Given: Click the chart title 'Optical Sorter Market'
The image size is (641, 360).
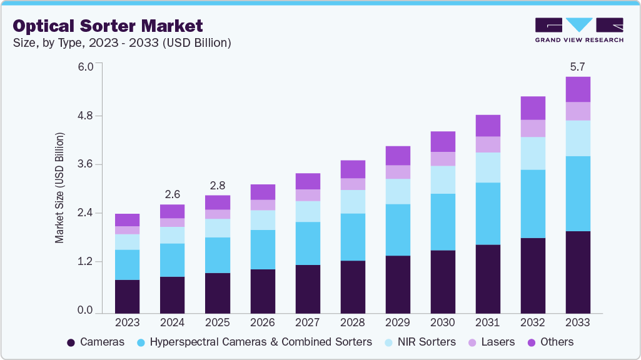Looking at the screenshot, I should pyautogui.click(x=108, y=26).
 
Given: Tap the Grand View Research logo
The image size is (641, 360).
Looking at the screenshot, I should pyautogui.click(x=578, y=29).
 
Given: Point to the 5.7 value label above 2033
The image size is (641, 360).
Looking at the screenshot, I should pyautogui.click(x=578, y=66).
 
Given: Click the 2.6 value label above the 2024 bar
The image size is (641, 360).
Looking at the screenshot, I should pyautogui.click(x=172, y=194).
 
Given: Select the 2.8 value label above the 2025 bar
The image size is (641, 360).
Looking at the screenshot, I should pyautogui.click(x=217, y=185).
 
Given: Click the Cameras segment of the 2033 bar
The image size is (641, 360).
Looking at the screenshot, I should pyautogui.click(x=578, y=272).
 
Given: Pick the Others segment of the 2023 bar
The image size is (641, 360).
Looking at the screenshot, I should pyautogui.click(x=127, y=220).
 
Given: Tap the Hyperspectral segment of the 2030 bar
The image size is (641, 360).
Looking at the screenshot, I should pyautogui.click(x=443, y=222).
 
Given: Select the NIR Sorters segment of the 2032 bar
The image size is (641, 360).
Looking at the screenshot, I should pyautogui.click(x=533, y=153).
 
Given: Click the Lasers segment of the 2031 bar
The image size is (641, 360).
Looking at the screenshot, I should pyautogui.click(x=488, y=144).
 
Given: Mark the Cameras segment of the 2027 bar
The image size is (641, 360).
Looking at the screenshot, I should pyautogui.click(x=307, y=289).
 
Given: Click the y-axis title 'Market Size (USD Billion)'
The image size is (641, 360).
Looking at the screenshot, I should pyautogui.click(x=59, y=187).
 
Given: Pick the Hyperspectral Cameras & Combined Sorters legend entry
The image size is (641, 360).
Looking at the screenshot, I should pyautogui.click(x=254, y=342).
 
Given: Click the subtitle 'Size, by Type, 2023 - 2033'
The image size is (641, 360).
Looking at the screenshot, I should pyautogui.click(x=123, y=43).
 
